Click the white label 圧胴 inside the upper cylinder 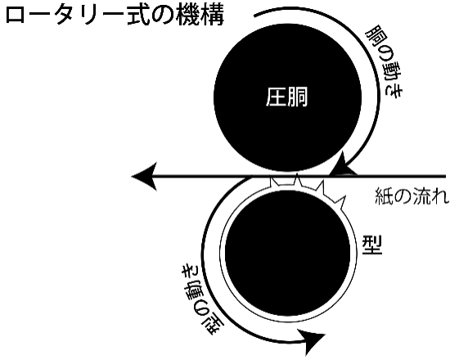point(286,97)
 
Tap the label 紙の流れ point(412,196)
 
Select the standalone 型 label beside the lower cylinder point(372,245)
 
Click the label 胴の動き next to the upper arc point(384,62)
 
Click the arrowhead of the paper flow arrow point(144,176)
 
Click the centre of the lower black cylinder point(287,254)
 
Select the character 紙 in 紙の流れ point(384,196)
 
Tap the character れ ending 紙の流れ point(440,197)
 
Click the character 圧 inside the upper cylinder point(276,97)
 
